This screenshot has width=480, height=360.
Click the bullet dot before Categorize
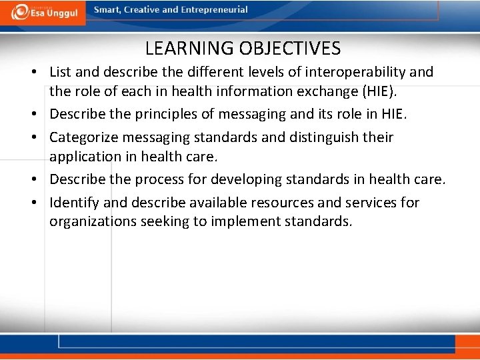pyautogui.click(x=40, y=138)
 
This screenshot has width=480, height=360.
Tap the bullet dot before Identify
pyautogui.click(x=40, y=203)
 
